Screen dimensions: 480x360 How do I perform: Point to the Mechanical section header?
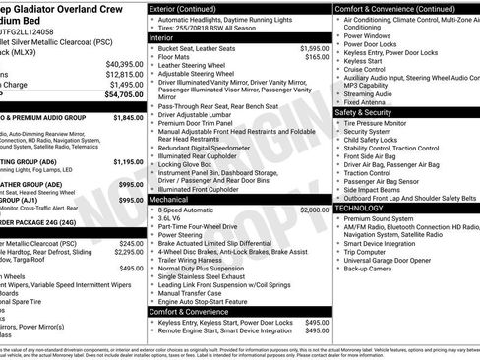[x=169, y=199]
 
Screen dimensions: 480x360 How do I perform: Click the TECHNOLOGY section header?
[x=359, y=208]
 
